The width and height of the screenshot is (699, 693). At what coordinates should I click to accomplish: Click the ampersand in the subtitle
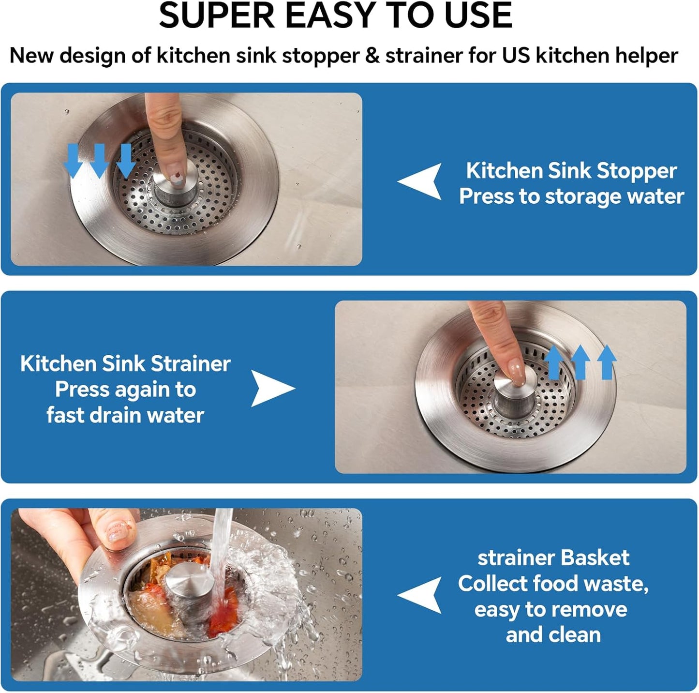click(372, 56)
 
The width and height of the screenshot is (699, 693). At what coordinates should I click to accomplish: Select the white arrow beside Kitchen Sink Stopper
click(422, 181)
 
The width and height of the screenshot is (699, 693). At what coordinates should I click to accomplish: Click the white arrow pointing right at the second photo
click(271, 389)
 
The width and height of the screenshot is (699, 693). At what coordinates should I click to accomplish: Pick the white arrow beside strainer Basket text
click(422, 595)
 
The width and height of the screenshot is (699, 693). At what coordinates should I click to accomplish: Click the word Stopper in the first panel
click(637, 171)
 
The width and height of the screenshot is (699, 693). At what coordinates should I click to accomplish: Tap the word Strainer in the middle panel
click(190, 364)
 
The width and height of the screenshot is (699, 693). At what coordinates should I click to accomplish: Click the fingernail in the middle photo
click(517, 373)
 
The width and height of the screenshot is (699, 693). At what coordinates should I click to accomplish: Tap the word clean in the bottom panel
click(576, 635)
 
